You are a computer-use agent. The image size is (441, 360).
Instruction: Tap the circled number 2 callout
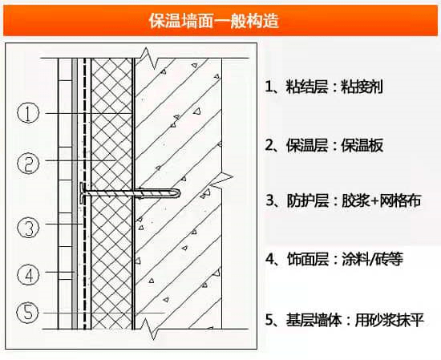pos(28,164)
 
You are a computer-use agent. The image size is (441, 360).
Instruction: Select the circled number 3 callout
pos(28,229)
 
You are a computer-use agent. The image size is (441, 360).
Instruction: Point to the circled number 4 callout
pos(28,275)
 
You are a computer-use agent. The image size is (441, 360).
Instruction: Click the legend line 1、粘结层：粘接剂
pos(328,86)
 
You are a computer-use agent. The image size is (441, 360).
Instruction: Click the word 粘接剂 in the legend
pos(373,86)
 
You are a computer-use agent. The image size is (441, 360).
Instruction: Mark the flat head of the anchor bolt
pos(84,192)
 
